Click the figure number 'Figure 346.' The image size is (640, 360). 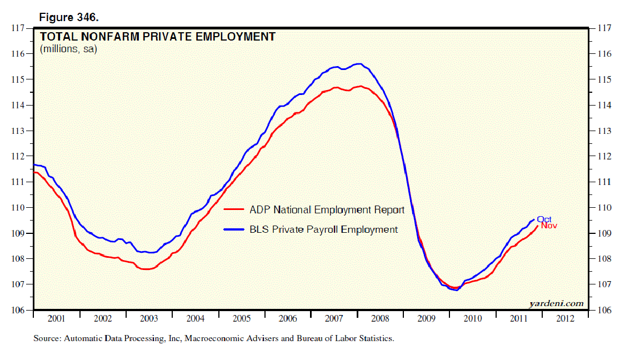point(68,18)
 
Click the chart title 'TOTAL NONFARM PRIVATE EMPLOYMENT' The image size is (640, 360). point(157,37)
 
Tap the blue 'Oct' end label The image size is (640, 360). point(544,219)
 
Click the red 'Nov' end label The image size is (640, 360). point(549,226)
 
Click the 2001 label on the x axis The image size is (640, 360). point(57,319)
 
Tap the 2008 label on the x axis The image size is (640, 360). point(380,319)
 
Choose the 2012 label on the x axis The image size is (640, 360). point(564,319)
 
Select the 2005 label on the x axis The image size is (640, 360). point(241,319)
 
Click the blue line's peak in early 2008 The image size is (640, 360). point(359,64)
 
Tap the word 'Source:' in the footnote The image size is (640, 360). point(47,338)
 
